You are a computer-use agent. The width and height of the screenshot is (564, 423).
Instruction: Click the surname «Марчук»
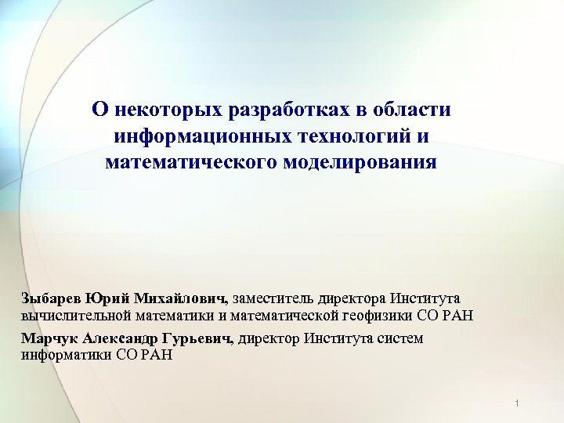pyautogui.click(x=48, y=339)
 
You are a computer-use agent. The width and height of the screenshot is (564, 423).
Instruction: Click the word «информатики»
pyautogui.click(x=60, y=355)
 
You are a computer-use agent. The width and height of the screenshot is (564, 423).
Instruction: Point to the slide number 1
pyautogui.click(x=519, y=403)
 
